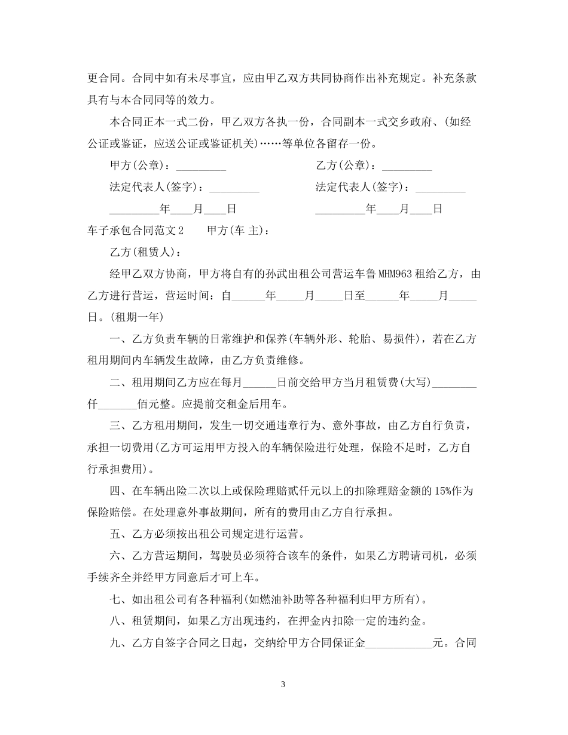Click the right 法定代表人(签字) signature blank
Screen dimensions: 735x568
(440, 188)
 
